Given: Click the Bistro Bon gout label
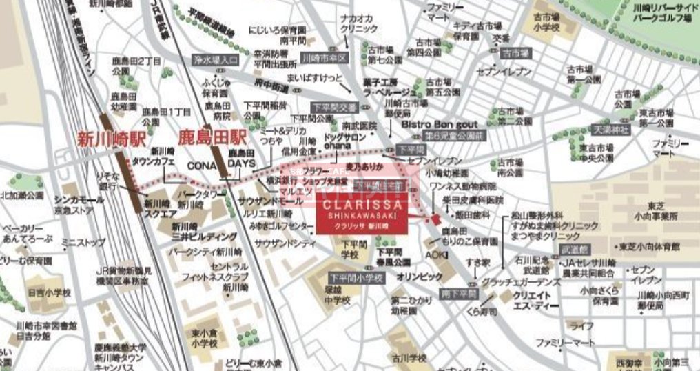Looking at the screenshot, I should [440, 124].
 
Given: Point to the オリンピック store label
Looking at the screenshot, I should [420, 277].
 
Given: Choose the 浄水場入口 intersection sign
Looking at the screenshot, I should [215, 60].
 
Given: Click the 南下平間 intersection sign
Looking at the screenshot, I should [460, 294].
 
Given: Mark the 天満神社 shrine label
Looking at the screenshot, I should [611, 129].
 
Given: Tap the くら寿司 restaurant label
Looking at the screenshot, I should [482, 312].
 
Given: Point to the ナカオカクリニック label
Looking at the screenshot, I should [360, 24].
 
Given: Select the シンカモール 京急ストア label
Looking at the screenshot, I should [79, 205].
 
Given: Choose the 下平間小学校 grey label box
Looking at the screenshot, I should [355, 278].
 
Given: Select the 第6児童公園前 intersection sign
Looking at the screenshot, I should [455, 134].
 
